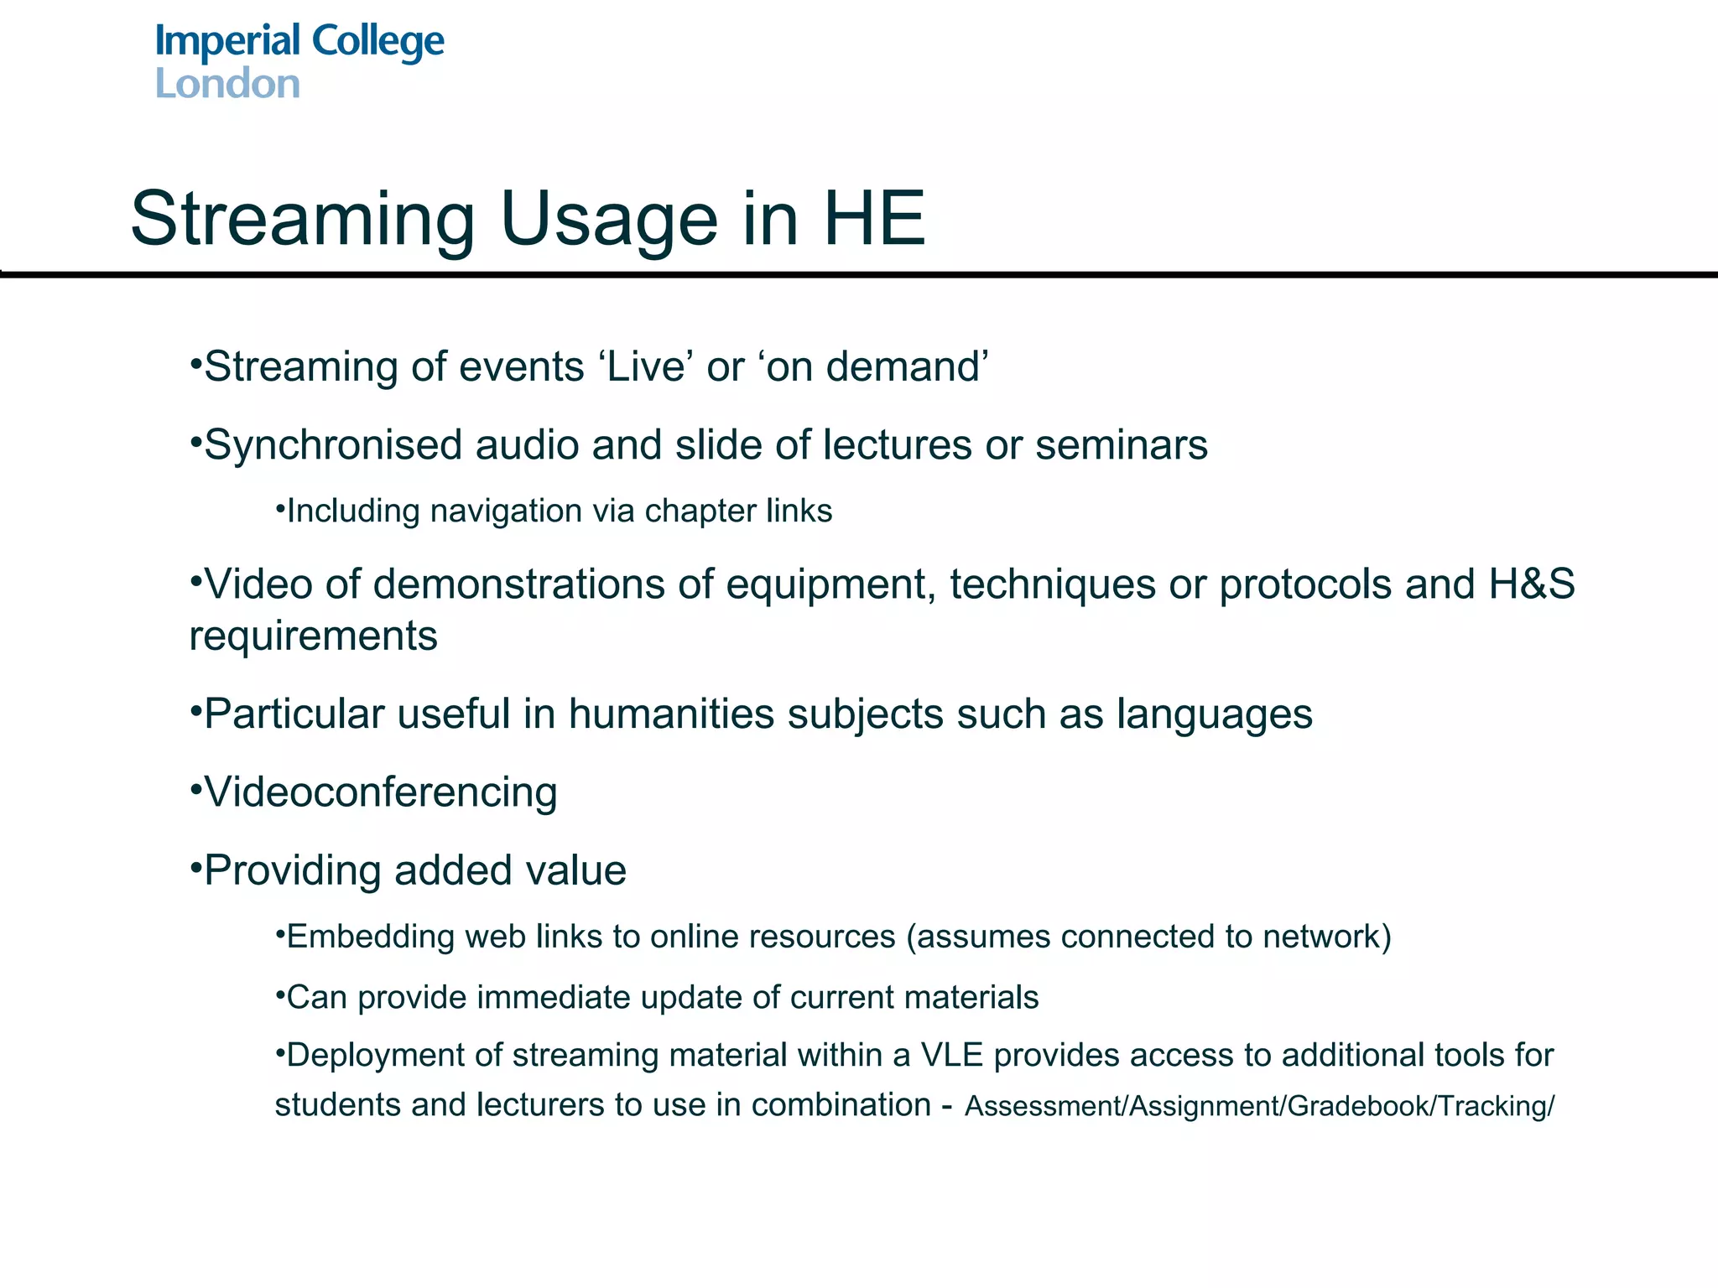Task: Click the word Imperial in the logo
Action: (x=227, y=42)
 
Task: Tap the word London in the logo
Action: (x=227, y=84)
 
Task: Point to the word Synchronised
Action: (x=333, y=444)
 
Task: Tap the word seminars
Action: (x=1122, y=444)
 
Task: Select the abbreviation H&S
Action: (x=1532, y=584)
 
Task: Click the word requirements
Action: (x=313, y=636)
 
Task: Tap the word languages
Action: (x=1214, y=714)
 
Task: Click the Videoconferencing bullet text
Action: (x=380, y=792)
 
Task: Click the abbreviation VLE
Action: (x=951, y=1055)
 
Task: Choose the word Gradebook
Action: (x=1359, y=1106)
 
